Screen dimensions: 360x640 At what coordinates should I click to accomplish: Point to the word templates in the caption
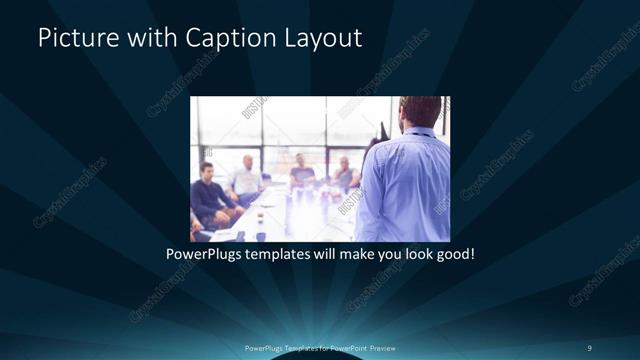(x=280, y=255)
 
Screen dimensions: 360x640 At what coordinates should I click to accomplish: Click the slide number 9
(x=589, y=347)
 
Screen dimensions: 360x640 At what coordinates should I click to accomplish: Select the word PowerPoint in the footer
(x=347, y=347)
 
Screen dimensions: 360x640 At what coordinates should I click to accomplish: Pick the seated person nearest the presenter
(x=345, y=174)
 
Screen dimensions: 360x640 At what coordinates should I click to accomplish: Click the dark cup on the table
(x=260, y=236)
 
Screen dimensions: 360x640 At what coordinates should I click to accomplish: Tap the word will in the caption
(x=324, y=255)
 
